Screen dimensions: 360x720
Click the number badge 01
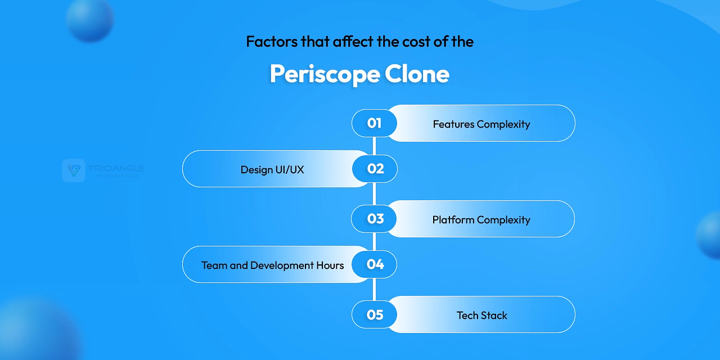pyautogui.click(x=375, y=123)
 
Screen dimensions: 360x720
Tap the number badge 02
pyautogui.click(x=375, y=169)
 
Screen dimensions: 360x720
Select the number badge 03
pyautogui.click(x=375, y=219)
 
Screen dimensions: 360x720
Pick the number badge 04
pyautogui.click(x=375, y=264)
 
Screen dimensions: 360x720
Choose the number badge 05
pyautogui.click(x=375, y=314)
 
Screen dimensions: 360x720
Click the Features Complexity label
pyautogui.click(x=481, y=124)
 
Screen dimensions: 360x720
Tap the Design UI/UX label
pyautogui.click(x=272, y=169)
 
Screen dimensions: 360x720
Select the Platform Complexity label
pyautogui.click(x=481, y=219)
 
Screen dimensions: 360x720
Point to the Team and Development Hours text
pyautogui.click(x=272, y=265)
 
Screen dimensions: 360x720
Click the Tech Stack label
pyautogui.click(x=481, y=315)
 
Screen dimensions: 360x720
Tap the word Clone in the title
pyautogui.click(x=417, y=74)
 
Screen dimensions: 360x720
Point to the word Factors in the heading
pyautogui.click(x=267, y=42)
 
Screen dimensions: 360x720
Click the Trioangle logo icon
pyautogui.click(x=73, y=170)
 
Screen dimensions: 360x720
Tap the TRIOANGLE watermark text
pyautogui.click(x=116, y=168)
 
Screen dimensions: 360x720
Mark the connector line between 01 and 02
pyautogui.click(x=375, y=146)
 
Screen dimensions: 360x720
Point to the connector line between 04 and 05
pyautogui.click(x=375, y=290)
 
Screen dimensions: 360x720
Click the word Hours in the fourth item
pyautogui.click(x=329, y=265)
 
